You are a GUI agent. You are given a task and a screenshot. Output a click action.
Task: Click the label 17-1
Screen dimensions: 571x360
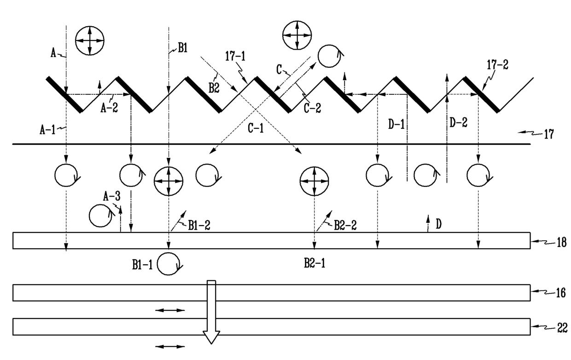click(x=235, y=56)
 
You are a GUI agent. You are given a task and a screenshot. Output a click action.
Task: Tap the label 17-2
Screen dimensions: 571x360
click(x=497, y=65)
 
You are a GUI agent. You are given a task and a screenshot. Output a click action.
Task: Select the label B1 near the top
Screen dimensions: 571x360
click(x=182, y=47)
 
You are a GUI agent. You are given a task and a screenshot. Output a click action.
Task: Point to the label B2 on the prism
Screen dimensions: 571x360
click(x=214, y=88)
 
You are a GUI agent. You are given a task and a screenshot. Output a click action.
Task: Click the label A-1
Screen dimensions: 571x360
click(x=47, y=130)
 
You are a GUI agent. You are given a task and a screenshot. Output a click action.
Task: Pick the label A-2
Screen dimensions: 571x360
click(x=109, y=108)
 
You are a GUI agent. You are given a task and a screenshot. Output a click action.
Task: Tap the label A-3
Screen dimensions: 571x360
click(x=111, y=197)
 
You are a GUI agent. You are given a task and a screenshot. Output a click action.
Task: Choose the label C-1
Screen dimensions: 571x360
click(x=256, y=128)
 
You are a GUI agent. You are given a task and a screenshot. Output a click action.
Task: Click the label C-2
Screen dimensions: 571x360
click(x=312, y=108)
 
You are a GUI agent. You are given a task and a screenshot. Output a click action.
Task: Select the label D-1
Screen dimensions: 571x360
click(x=396, y=125)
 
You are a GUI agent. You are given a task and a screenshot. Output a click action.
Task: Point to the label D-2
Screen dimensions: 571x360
click(x=458, y=123)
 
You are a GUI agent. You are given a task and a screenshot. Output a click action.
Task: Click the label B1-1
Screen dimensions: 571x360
click(x=142, y=265)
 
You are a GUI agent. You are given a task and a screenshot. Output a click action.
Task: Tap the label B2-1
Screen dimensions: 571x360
click(x=315, y=263)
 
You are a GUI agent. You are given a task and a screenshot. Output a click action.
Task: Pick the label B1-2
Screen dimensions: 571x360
click(x=199, y=226)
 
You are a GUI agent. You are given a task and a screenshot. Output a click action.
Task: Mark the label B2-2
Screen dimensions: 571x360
click(x=345, y=225)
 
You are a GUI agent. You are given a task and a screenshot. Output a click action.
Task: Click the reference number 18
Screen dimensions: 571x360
click(x=561, y=242)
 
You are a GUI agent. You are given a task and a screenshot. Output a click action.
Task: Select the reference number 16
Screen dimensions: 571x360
click(x=561, y=293)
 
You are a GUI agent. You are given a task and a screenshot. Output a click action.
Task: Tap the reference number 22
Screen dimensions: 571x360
click(x=562, y=328)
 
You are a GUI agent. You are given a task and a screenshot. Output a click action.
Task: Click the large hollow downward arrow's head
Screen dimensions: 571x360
click(x=211, y=337)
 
